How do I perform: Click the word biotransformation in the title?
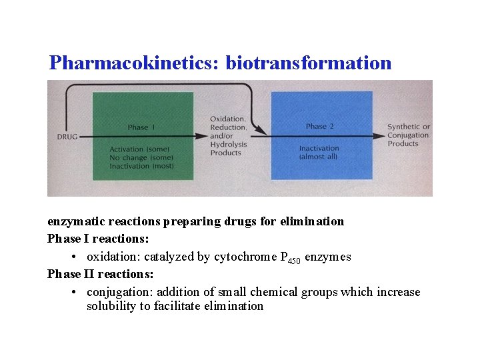(309, 63)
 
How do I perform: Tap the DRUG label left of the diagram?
(67, 137)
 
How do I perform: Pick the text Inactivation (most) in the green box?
(142, 165)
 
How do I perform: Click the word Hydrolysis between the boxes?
(229, 144)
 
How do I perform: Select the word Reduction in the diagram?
(228, 127)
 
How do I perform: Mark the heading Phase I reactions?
(98, 239)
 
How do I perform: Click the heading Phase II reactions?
(101, 274)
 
